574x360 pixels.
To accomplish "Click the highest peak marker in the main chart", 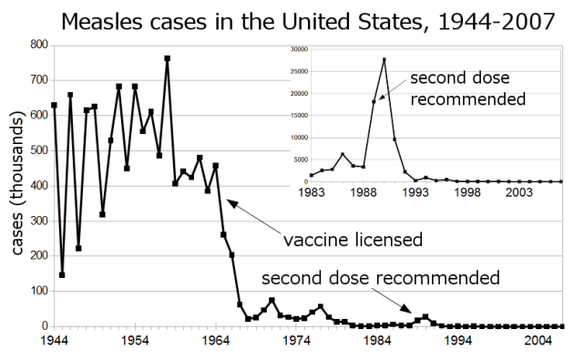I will (168, 58).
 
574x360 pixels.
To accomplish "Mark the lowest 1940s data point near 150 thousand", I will (62, 274).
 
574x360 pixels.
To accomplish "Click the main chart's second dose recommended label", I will (380, 276).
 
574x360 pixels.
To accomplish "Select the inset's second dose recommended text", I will (468, 88).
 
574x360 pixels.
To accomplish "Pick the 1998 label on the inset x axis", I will (467, 192).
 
